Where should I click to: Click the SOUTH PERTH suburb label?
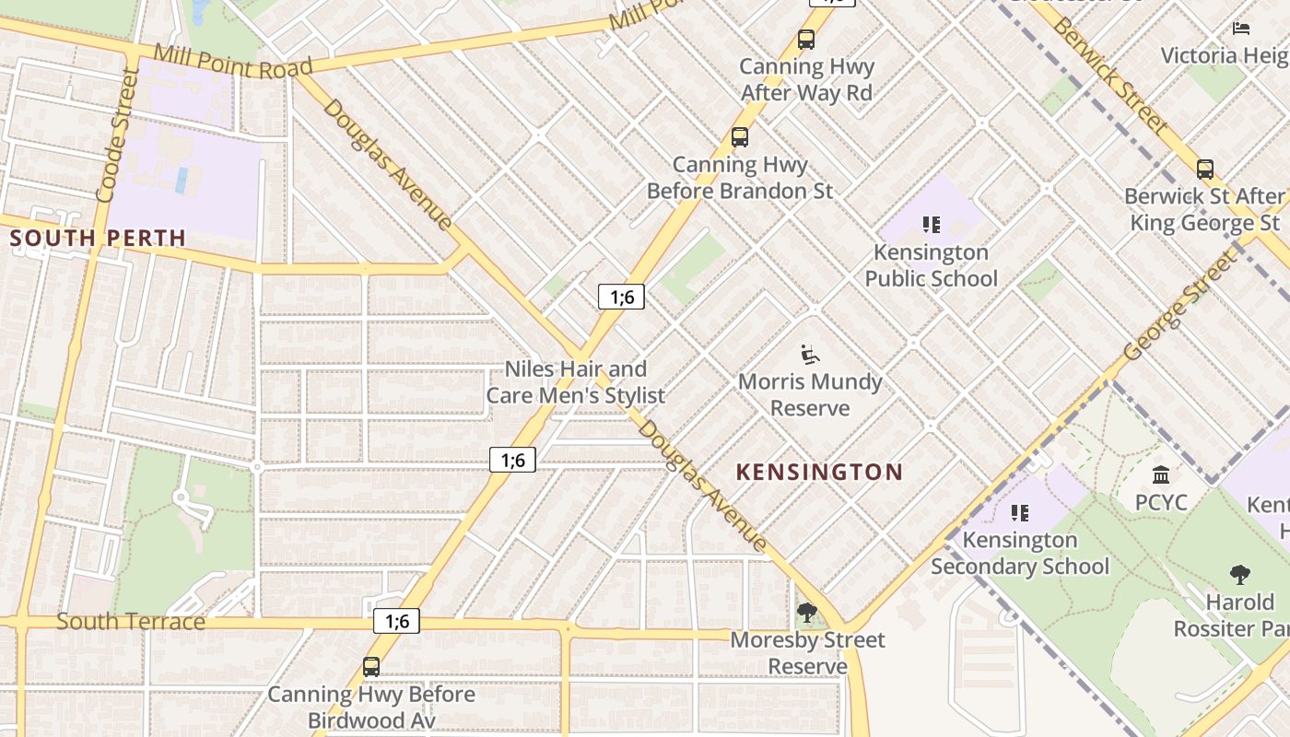pyautogui.click(x=98, y=238)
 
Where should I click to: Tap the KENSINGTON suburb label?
pyautogui.click(x=819, y=473)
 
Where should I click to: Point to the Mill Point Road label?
pyautogui.click(x=233, y=61)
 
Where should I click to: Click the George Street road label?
pyautogui.click(x=1182, y=305)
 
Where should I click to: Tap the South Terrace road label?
pyautogui.click(x=131, y=621)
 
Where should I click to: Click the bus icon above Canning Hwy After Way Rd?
pyautogui.click(x=806, y=40)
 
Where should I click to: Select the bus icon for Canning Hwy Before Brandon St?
pyautogui.click(x=740, y=138)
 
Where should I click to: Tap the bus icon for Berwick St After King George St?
pyautogui.click(x=1204, y=170)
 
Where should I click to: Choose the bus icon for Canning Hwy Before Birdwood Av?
pyautogui.click(x=371, y=666)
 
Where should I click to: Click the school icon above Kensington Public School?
pyautogui.click(x=932, y=225)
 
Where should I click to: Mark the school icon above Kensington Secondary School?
pyautogui.click(x=1020, y=512)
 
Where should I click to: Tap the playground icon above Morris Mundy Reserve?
pyautogui.click(x=810, y=354)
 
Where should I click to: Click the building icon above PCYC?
pyautogui.click(x=1161, y=475)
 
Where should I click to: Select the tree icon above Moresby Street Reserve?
pyautogui.click(x=807, y=612)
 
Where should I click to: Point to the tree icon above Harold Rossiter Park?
pyautogui.click(x=1240, y=575)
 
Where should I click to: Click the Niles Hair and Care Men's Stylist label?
pyautogui.click(x=576, y=382)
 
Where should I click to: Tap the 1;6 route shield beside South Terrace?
pyautogui.click(x=397, y=621)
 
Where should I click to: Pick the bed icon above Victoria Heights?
pyautogui.click(x=1241, y=29)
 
